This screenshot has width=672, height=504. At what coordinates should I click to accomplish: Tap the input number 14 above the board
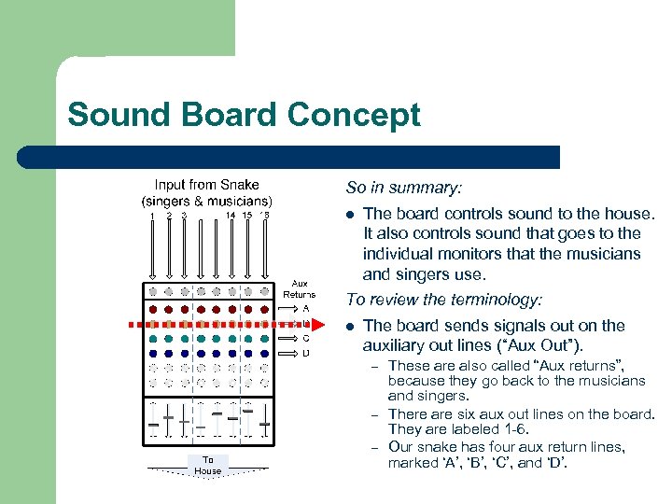tap(231, 216)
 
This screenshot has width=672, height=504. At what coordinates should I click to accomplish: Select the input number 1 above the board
tap(152, 216)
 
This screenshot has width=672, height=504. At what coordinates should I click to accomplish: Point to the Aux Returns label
tap(300, 288)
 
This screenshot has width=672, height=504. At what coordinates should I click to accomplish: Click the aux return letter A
tap(306, 308)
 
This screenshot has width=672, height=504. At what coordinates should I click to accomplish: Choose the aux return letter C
tap(306, 338)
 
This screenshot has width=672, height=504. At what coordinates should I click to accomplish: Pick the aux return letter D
tap(306, 353)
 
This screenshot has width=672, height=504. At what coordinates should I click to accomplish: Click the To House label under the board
tap(208, 465)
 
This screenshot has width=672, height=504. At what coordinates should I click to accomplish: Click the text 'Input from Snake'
tap(206, 185)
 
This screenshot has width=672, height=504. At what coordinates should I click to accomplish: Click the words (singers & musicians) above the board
tap(206, 201)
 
